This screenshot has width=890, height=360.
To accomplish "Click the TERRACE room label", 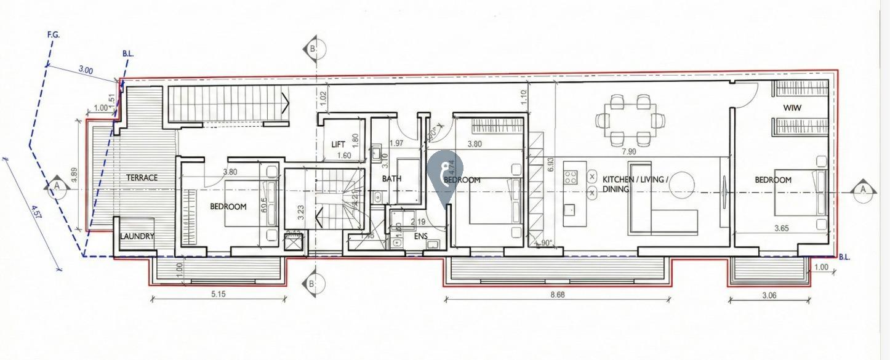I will pos(142,178).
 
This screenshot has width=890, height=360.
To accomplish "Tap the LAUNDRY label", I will pos(137,236).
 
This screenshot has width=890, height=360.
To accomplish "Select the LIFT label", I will pos(338,144).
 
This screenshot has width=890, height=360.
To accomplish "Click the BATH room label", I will pos(391,179).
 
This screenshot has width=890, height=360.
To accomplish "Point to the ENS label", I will pos(421,236).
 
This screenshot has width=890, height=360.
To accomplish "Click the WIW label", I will pos(791,108).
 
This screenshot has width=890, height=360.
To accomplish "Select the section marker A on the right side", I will pos(864,190).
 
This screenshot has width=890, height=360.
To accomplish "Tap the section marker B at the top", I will pos(314,48).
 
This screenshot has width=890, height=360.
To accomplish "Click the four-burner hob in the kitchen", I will pos(571,177).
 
